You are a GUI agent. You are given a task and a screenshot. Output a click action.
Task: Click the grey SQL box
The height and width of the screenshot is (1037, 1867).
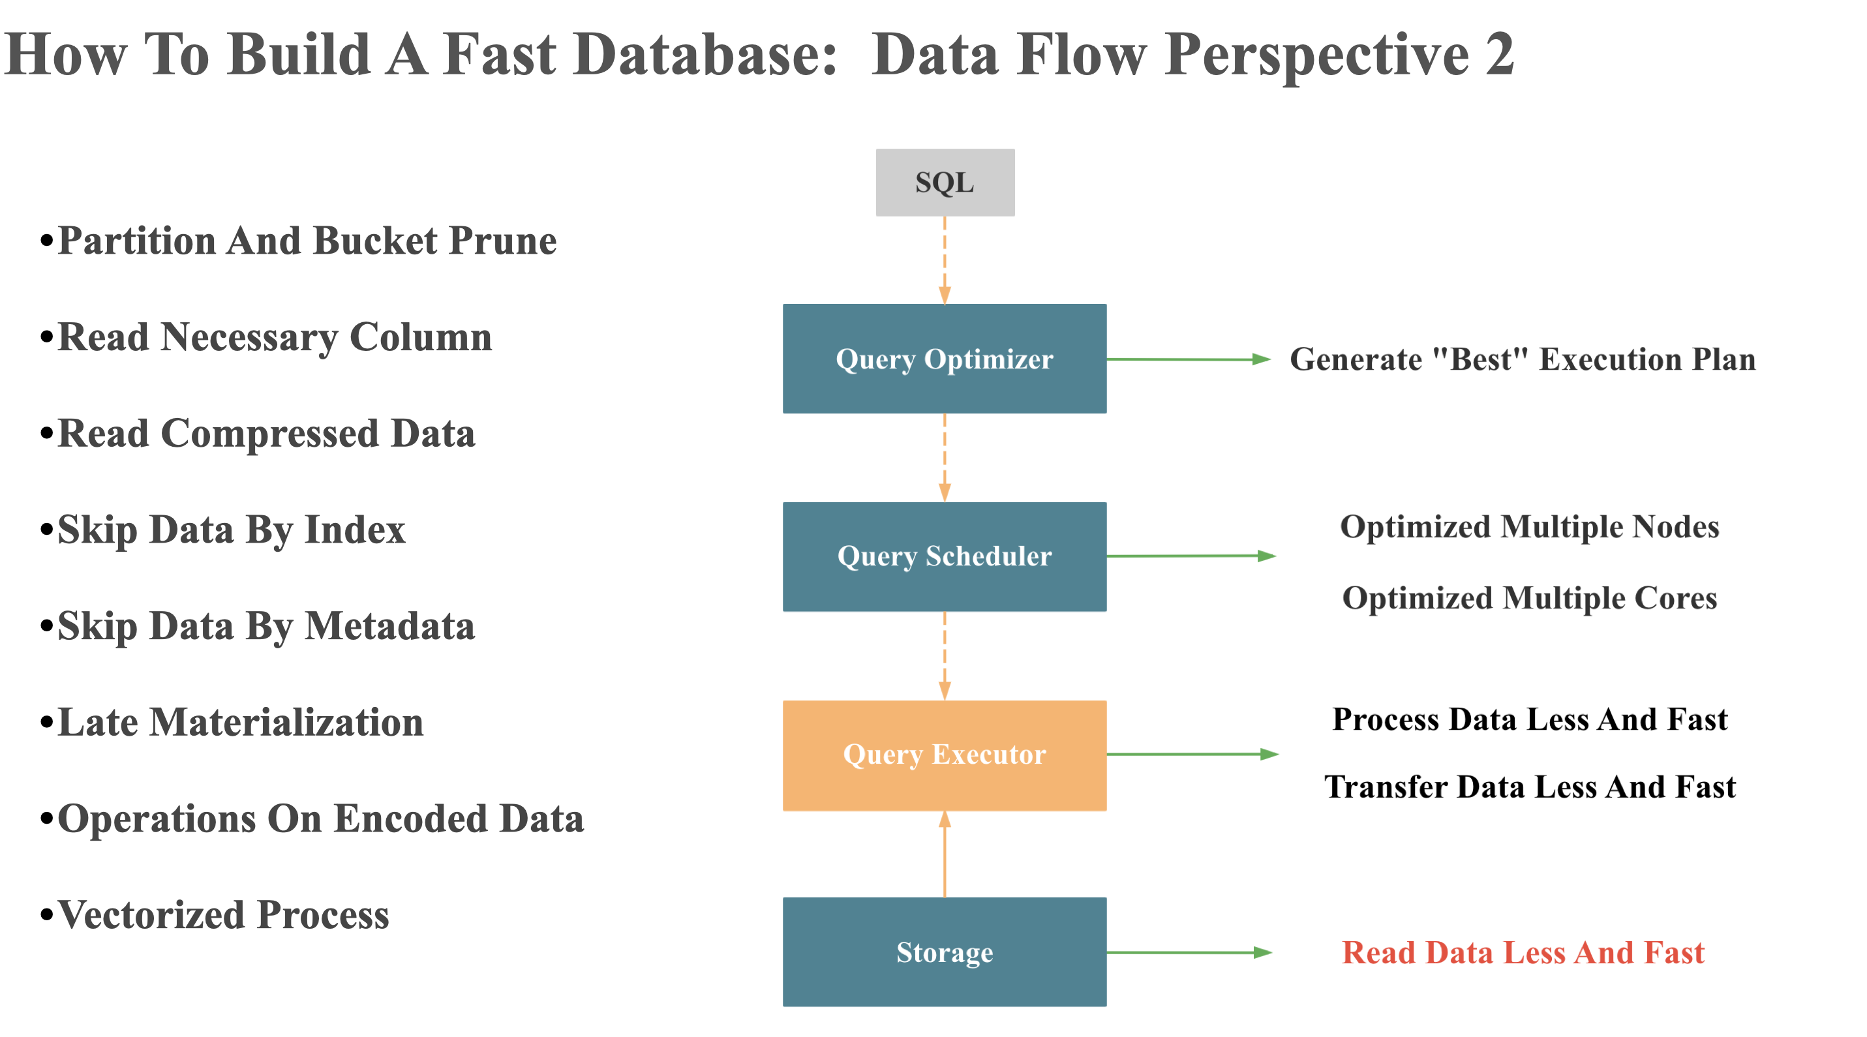pos(945,182)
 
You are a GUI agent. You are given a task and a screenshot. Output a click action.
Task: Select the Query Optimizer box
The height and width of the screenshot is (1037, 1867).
pos(944,359)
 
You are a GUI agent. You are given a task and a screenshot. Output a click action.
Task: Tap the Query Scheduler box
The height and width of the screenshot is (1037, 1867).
pos(944,556)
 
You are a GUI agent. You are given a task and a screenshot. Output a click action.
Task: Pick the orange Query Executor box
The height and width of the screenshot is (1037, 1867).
pos(944,755)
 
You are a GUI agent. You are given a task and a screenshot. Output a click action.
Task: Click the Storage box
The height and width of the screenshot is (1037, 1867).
pos(944,952)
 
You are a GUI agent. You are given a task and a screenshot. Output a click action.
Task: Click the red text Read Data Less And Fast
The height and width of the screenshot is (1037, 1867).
pos(1522,952)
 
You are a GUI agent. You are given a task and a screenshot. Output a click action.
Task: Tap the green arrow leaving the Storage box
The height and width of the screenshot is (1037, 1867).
pos(1189,952)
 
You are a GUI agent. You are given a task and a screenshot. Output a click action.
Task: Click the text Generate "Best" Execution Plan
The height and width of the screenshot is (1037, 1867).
pos(1522,359)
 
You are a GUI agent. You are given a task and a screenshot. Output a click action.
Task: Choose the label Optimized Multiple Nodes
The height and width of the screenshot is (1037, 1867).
pos(1529,527)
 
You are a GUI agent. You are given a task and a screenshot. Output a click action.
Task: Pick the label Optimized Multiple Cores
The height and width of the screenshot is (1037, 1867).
pos(1529,598)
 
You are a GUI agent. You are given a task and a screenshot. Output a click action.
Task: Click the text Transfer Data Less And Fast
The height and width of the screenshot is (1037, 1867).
pos(1529,787)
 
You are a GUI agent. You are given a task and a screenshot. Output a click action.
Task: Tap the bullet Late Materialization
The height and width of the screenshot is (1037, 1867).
pos(239,723)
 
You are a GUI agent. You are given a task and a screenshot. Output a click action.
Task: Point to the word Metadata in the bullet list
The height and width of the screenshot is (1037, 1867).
pos(389,626)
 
